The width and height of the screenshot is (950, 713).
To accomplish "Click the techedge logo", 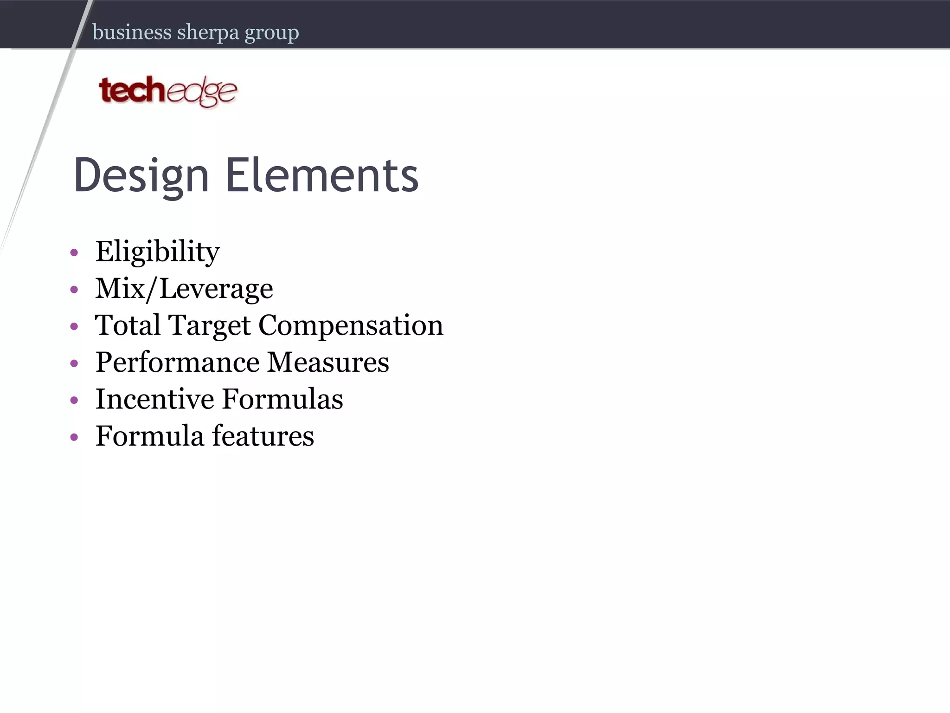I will coord(168,91).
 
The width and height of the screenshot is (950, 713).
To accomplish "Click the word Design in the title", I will coord(141,175).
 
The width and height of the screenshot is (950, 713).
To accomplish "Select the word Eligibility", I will coord(157,252).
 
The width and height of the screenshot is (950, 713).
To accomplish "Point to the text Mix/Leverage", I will coord(184,289).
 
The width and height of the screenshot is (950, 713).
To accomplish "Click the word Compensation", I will coord(351,325).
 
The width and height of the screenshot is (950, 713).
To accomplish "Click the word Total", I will coord(128,325).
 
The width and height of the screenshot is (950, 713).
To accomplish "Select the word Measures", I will coord(328,363).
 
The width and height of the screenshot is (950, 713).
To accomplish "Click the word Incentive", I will coord(154,399).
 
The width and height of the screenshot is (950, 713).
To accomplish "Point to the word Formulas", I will coord(282,399).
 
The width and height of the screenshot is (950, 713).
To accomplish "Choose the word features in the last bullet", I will coord(263,436).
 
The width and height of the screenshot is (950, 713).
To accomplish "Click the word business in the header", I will coord(132,32).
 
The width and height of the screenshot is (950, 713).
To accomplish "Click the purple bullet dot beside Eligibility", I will coord(74,253).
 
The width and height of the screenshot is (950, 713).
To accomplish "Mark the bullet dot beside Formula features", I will coord(74,437).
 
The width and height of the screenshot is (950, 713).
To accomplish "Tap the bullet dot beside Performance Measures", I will coord(74,363).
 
